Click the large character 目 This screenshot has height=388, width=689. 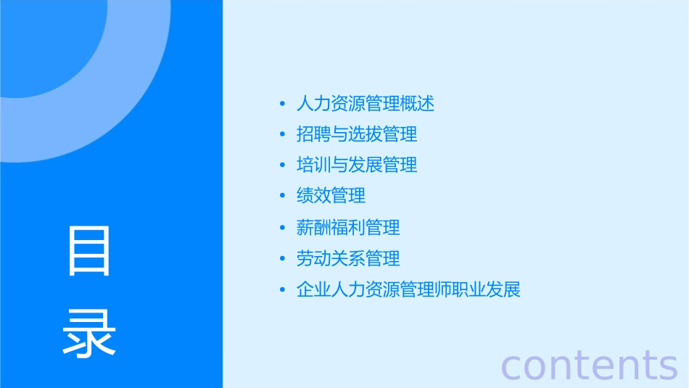(x=89, y=250)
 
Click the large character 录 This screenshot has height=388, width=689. (x=89, y=334)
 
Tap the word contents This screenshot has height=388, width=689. (x=590, y=364)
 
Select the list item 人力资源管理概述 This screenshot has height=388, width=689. (x=366, y=104)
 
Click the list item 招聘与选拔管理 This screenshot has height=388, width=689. (x=357, y=135)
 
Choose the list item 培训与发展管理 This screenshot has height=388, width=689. (x=357, y=165)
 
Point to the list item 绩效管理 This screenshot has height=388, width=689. (x=331, y=196)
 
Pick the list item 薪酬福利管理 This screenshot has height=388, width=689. (x=348, y=228)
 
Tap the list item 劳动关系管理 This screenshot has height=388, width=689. (x=348, y=258)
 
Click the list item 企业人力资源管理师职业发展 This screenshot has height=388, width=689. (x=408, y=290)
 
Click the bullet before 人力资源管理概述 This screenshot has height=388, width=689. (x=282, y=104)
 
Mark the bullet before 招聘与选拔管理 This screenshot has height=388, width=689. (x=282, y=135)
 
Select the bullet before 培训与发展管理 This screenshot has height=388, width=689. (x=282, y=166)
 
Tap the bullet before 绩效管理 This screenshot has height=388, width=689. (x=282, y=197)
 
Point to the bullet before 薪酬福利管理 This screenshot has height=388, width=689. (x=282, y=228)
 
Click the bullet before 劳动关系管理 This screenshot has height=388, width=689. (x=282, y=259)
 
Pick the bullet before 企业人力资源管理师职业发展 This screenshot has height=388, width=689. (x=282, y=291)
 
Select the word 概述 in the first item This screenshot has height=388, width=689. (x=418, y=104)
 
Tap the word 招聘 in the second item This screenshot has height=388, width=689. (x=313, y=135)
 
